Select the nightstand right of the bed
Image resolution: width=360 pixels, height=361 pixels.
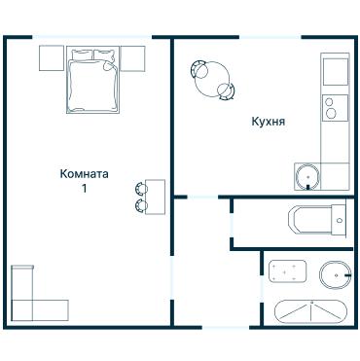click(x=131, y=58)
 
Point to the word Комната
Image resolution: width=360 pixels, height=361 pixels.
click(x=84, y=174)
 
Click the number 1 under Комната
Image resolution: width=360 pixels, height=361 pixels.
click(x=85, y=189)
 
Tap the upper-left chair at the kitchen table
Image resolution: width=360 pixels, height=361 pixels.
click(x=198, y=68)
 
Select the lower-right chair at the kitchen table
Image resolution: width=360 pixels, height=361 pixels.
click(x=226, y=90)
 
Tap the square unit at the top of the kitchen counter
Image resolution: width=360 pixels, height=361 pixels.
click(x=335, y=71)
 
